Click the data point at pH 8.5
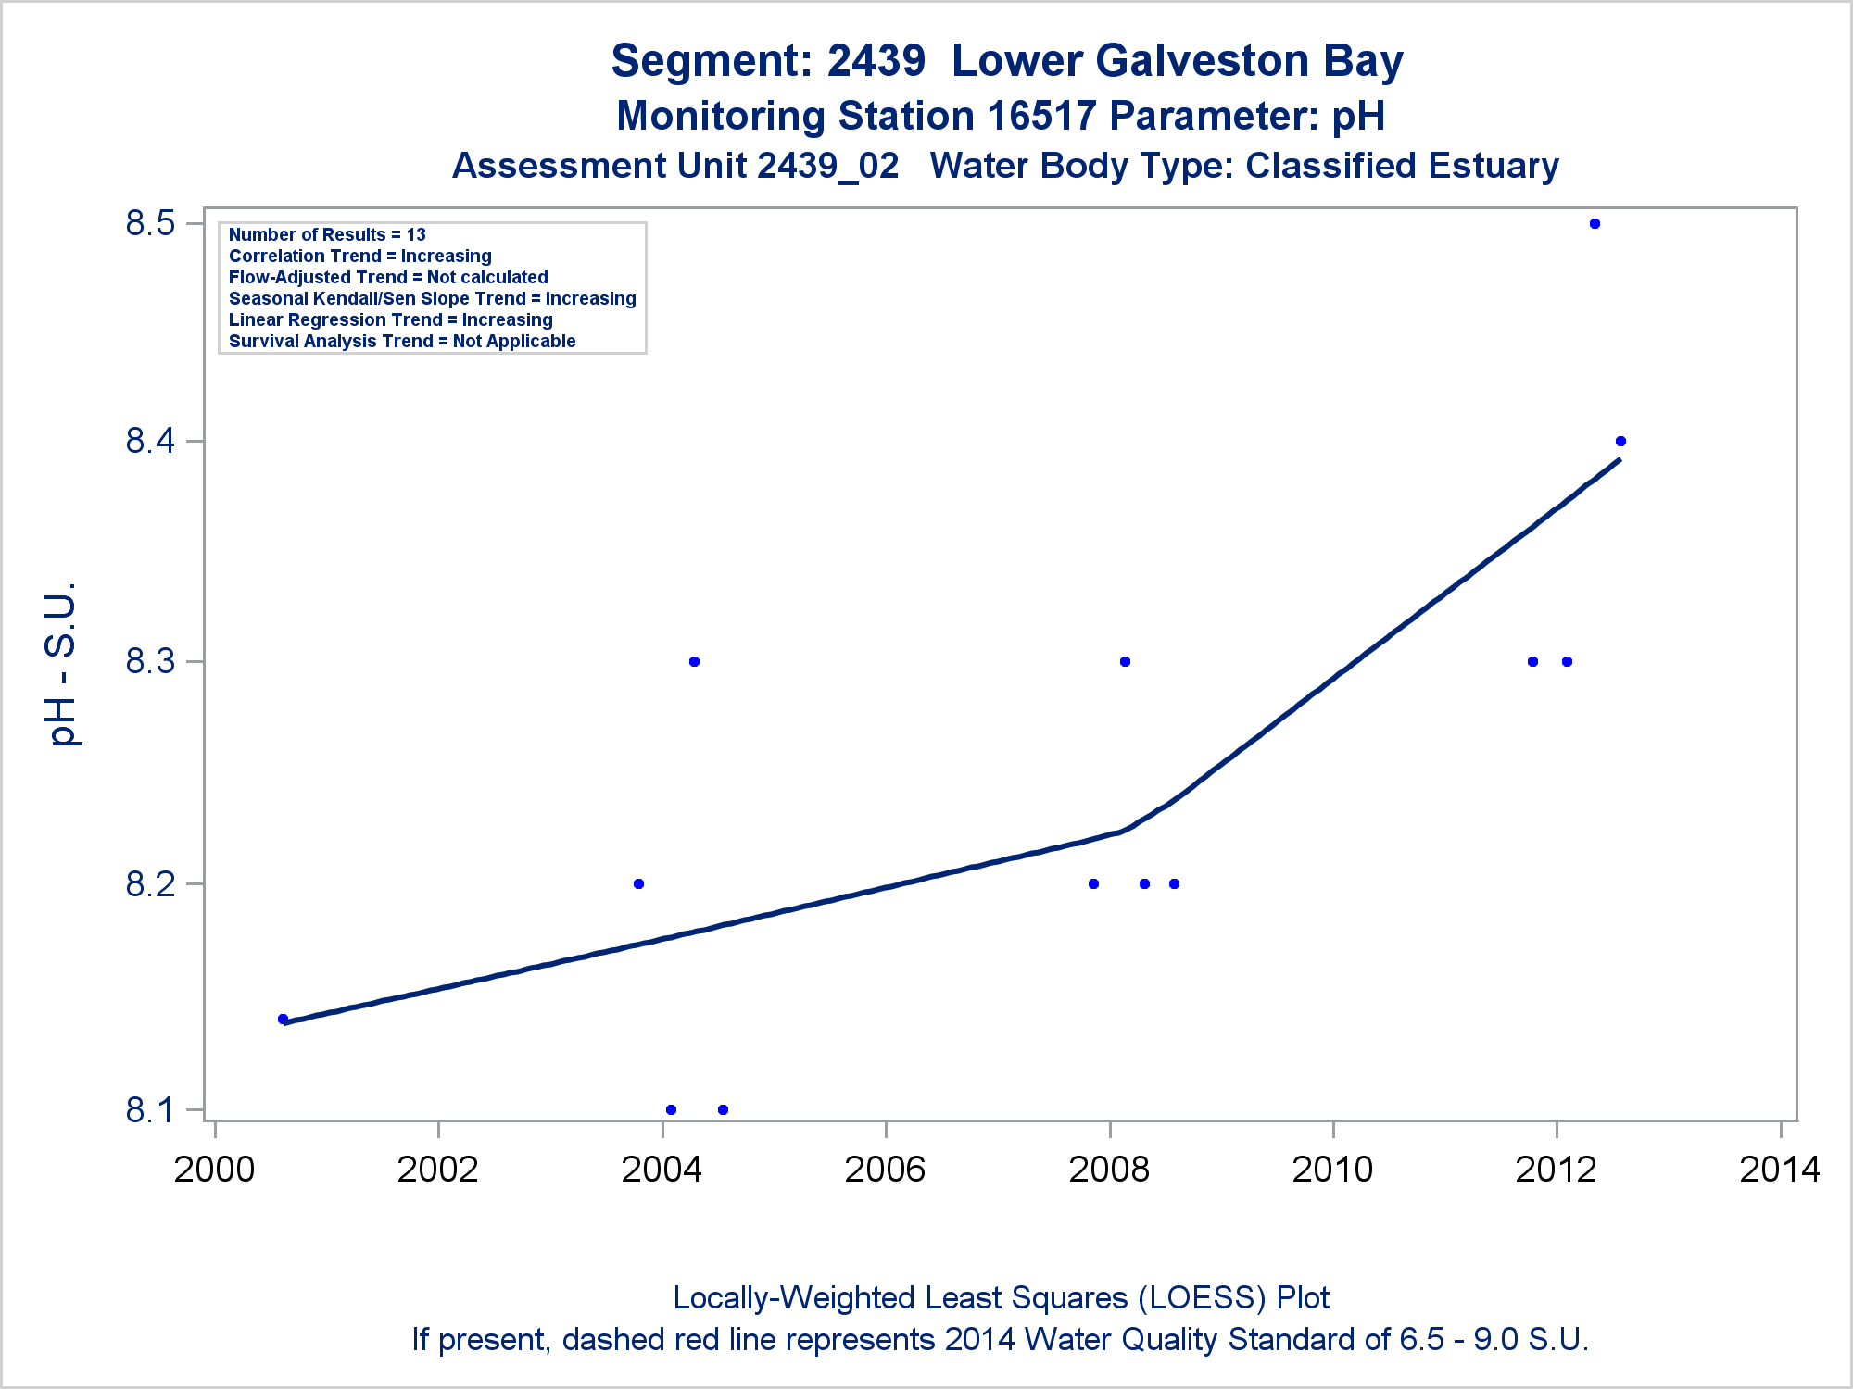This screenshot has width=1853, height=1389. pos(1595,224)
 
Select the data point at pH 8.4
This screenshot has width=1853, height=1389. pos(1620,442)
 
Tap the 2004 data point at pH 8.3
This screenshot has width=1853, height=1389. pos(695,662)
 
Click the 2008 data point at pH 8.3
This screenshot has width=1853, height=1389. pos(1125,662)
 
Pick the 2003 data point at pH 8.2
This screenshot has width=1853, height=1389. pos(638,884)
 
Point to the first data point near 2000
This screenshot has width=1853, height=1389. pos(283,1020)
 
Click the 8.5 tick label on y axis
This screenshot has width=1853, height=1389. pos(150,224)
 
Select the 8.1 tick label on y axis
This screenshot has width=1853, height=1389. pos(150,1109)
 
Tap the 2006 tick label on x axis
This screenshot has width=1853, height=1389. pos(885,1170)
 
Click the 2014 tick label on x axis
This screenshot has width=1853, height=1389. pos(1780,1170)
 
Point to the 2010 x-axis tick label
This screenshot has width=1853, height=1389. pos(1332,1170)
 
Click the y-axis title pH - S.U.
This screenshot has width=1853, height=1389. pos(62,664)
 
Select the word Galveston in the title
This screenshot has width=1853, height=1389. pos(1177,61)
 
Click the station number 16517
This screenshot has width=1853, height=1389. pos(1041,117)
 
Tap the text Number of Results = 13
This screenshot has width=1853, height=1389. pos(327,235)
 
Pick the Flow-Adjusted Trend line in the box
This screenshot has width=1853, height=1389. pos(388,278)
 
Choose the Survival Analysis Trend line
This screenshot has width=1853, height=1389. pos(402,342)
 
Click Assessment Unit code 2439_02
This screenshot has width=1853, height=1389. pos(827,167)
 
